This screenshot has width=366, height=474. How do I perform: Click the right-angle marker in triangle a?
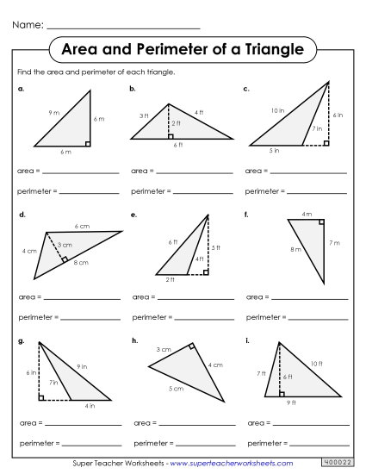tap(87, 143)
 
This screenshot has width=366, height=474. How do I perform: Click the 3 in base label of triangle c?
tap(274, 151)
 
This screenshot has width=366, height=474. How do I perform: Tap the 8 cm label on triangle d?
tap(81, 262)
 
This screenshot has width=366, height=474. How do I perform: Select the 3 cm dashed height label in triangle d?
tap(64, 246)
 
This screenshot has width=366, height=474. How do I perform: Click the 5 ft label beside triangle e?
tap(216, 247)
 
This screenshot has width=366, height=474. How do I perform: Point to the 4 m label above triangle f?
tap(306, 214)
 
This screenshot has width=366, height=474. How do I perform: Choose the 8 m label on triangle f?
tap(295, 250)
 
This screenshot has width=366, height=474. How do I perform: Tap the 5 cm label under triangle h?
tap(176, 389)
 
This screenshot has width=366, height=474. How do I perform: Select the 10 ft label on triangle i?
tap(316, 365)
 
